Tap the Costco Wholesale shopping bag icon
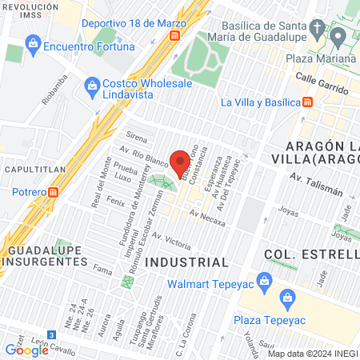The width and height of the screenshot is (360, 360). pos(93,85)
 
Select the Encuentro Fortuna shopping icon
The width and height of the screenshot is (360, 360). pos(33,42)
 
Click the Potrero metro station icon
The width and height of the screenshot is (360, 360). pos(54,192)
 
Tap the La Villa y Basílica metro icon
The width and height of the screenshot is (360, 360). pos(308,102)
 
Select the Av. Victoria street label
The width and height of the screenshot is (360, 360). pos(171,241)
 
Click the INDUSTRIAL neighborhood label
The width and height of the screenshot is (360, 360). pos(186,262)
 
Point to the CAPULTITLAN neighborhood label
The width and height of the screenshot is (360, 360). pos(28,170)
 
